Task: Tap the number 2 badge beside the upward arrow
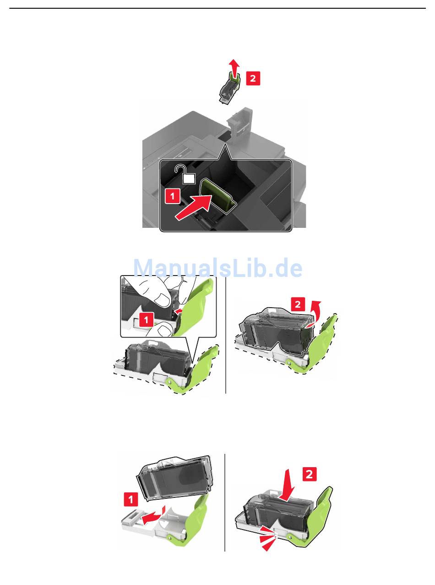[x=253, y=78]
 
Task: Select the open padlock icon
[x=186, y=174]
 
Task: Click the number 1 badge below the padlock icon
[x=173, y=196]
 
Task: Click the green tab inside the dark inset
[x=217, y=195]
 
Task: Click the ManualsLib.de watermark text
[x=218, y=268]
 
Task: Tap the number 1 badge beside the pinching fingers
[x=146, y=320]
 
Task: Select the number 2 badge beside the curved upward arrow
[x=298, y=304]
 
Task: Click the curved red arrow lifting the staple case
[x=314, y=313]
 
